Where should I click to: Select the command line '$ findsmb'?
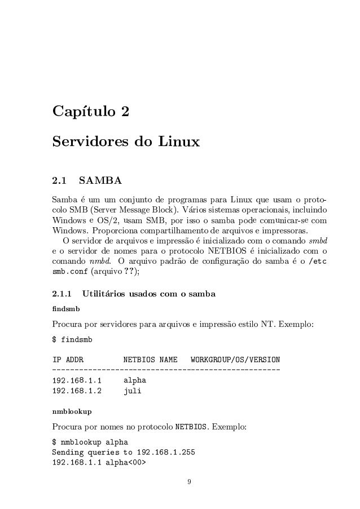click(x=71, y=340)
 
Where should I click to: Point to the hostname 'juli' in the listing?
click(x=132, y=390)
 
